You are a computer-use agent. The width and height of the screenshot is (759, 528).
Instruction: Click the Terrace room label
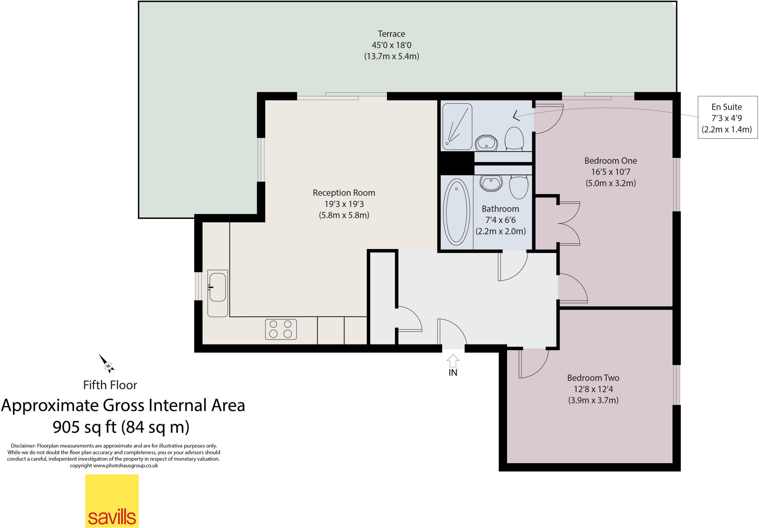click(391, 34)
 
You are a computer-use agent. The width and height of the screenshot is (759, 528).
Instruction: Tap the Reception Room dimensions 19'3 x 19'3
click(344, 204)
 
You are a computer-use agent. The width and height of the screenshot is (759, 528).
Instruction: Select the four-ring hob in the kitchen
click(281, 329)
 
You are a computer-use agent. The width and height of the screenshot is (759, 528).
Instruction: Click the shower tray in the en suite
click(457, 126)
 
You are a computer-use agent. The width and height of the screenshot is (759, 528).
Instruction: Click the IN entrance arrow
click(453, 361)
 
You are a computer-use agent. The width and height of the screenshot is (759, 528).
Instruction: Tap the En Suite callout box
click(727, 117)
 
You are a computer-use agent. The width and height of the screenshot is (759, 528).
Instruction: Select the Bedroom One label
click(610, 161)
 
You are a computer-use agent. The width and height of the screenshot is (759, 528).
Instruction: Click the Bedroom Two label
click(593, 378)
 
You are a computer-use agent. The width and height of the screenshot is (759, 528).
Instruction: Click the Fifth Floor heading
click(110, 385)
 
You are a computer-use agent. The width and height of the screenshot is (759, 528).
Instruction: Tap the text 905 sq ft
click(84, 427)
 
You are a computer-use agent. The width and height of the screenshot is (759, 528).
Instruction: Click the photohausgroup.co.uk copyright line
click(114, 466)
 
